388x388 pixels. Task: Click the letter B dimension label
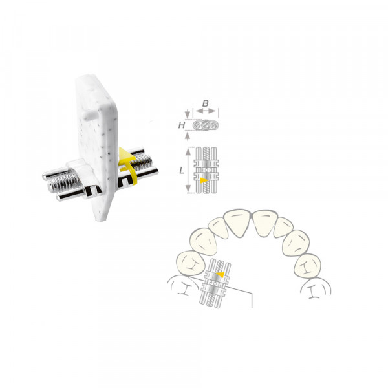[x=205, y=103]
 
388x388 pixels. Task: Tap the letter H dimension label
[x=182, y=125]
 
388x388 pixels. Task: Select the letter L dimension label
[x=182, y=171]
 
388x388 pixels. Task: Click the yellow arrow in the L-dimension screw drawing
[x=204, y=180]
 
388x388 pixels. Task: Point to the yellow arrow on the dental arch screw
[x=221, y=274]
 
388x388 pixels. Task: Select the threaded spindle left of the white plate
[x=64, y=184]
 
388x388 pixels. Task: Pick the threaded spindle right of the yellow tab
[x=142, y=162]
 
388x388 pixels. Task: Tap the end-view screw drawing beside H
[x=206, y=125]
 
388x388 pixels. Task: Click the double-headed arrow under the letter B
[x=206, y=111]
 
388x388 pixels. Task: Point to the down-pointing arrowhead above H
[x=188, y=114]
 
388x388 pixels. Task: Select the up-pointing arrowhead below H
[x=188, y=136]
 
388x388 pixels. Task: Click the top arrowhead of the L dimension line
[x=189, y=151]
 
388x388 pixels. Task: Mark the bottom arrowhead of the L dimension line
[x=189, y=189]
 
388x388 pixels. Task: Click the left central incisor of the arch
[x=237, y=222]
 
